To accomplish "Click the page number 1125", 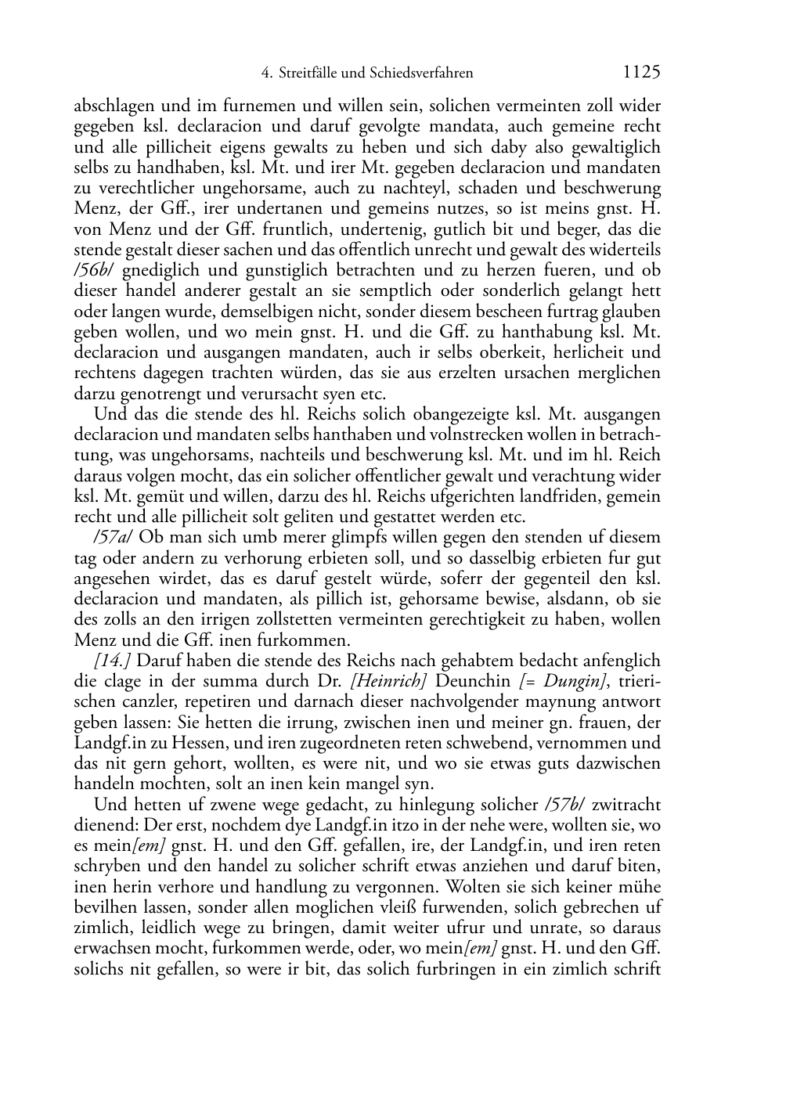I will pyautogui.click(x=641, y=73).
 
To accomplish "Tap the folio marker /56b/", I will pyautogui.click(x=93, y=271).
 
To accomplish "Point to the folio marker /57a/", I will pyautogui.click(x=113, y=538).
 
